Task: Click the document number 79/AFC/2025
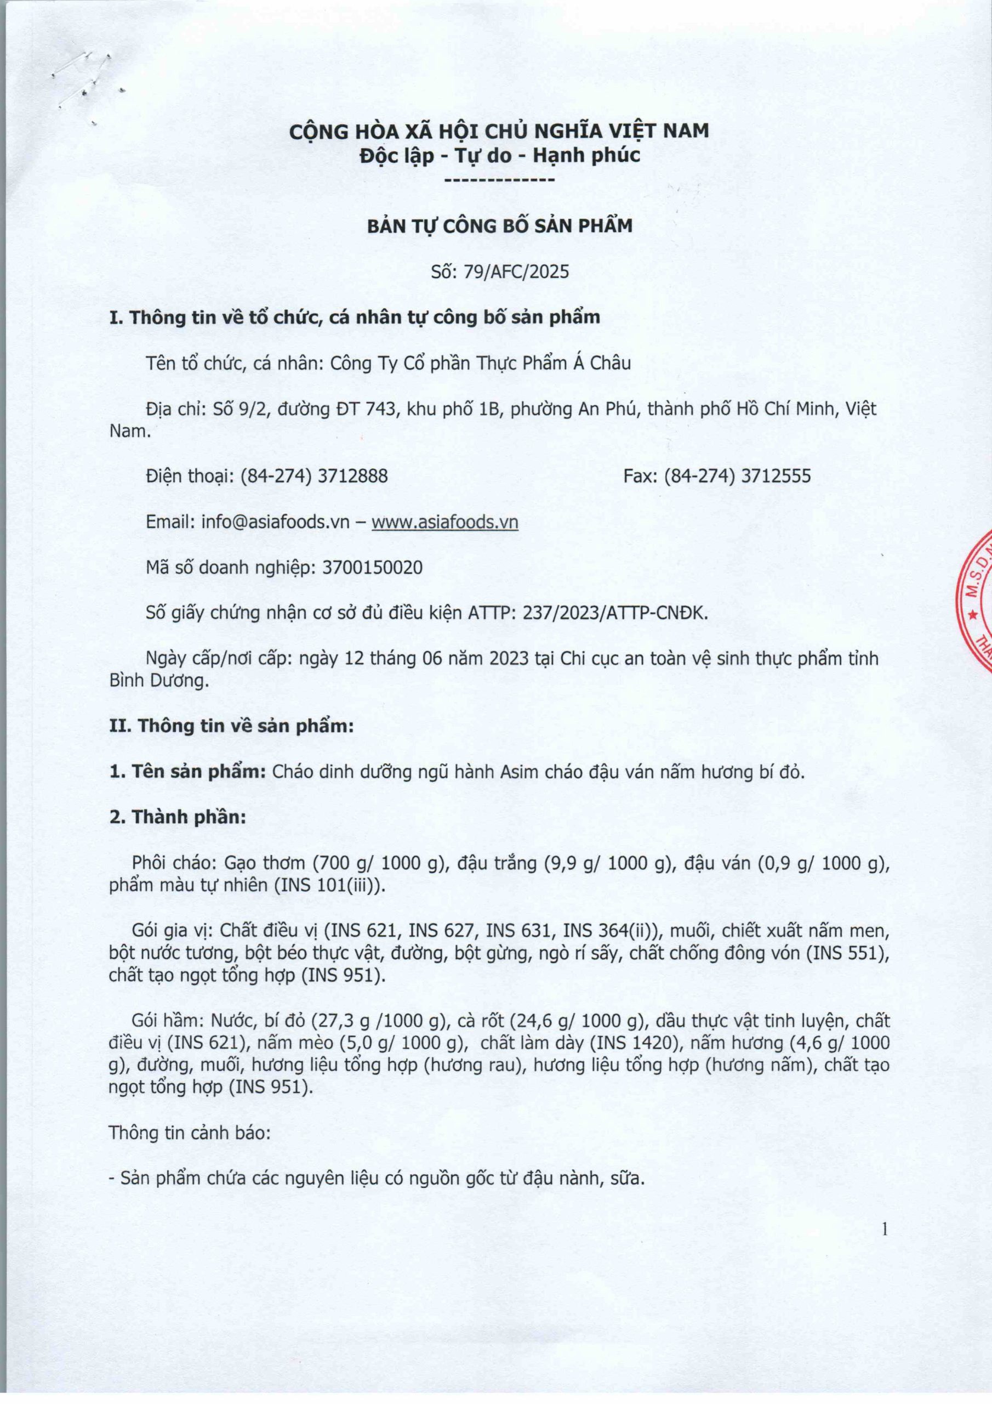(516, 271)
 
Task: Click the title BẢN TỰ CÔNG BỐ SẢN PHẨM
(499, 227)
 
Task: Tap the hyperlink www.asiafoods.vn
(445, 522)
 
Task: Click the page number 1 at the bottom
(885, 1228)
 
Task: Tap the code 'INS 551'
(843, 953)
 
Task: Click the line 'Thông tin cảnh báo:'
(190, 1133)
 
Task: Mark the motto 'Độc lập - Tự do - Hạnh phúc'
(499, 155)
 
